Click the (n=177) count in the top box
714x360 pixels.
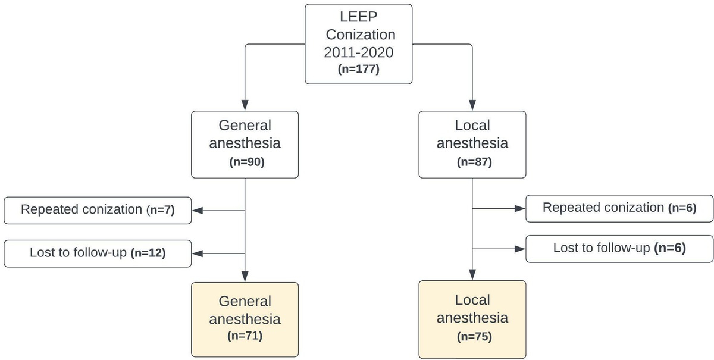(x=358, y=69)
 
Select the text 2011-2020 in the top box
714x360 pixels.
(x=358, y=52)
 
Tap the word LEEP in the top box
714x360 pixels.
(x=358, y=17)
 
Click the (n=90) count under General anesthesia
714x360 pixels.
(x=245, y=161)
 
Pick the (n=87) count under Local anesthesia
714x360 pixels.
(x=472, y=161)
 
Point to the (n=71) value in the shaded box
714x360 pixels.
(x=245, y=336)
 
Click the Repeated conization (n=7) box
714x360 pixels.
(x=98, y=210)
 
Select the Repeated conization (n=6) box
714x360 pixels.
(x=619, y=208)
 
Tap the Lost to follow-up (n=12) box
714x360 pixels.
(x=98, y=253)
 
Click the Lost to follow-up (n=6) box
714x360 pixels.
(x=619, y=248)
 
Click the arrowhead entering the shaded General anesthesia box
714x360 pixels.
(x=245, y=276)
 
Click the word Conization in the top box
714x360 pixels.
(x=358, y=35)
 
